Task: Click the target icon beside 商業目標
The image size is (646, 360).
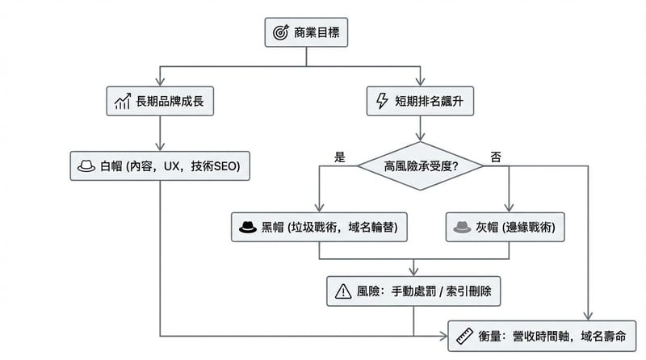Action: point(281,32)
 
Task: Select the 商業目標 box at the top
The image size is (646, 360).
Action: point(306,32)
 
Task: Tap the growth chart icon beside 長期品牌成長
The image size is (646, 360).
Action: point(124,101)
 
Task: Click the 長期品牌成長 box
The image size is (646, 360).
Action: point(162,101)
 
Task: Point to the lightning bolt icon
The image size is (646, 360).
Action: point(383,101)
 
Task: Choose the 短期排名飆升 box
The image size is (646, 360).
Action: point(421,101)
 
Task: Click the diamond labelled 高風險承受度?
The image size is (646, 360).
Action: point(421,166)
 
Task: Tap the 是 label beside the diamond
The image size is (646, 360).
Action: point(339,155)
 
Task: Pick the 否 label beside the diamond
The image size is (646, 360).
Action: point(496,155)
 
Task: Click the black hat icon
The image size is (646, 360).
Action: point(246,228)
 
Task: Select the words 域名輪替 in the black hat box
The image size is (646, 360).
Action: point(370,228)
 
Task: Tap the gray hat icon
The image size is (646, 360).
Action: point(461,228)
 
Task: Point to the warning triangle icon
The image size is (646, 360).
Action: point(342,291)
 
